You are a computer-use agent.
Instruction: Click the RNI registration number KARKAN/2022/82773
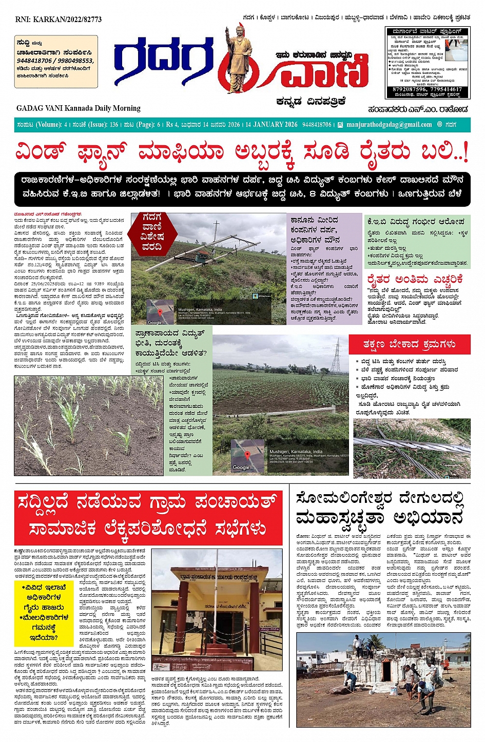tap(59, 19)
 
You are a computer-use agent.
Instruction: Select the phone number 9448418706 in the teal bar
tap(317, 125)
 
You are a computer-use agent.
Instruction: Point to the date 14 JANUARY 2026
tap(271, 125)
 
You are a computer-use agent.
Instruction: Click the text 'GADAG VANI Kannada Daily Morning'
tap(78, 108)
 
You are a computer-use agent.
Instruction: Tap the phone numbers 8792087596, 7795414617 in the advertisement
tap(427, 89)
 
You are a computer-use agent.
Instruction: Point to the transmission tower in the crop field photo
tap(336, 355)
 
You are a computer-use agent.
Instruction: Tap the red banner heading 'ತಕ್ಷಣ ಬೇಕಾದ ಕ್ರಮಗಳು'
tap(409, 344)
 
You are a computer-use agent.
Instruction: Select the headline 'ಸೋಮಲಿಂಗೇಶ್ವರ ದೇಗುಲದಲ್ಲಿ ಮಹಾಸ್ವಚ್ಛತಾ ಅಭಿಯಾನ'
tap(380, 507)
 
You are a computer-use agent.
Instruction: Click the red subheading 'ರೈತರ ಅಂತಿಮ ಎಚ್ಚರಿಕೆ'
tap(415, 280)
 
